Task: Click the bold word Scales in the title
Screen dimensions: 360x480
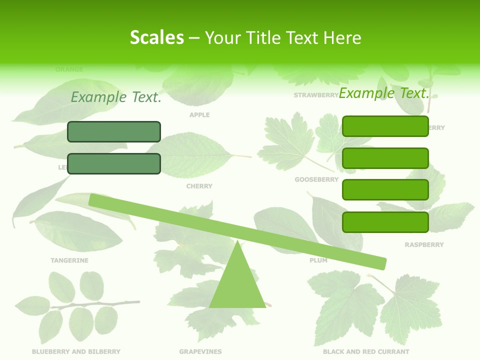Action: point(156,38)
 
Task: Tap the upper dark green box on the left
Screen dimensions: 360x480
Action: point(114,131)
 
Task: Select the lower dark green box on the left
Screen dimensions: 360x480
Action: point(114,163)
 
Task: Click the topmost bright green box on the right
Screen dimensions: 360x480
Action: point(385,126)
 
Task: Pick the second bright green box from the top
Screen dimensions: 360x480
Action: point(385,158)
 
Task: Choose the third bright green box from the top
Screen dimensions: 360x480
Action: point(385,190)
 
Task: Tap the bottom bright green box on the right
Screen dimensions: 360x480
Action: point(385,222)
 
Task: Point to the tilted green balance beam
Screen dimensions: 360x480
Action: point(237,231)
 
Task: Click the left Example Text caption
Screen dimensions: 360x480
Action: point(116,97)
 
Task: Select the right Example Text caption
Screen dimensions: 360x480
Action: point(384,93)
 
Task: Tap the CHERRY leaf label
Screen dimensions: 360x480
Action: point(199,186)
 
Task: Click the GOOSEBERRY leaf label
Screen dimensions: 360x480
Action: point(316,179)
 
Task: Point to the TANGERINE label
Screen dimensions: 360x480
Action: point(69,260)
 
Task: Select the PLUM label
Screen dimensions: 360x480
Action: point(318,260)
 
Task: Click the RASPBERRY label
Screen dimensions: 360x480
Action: point(424,245)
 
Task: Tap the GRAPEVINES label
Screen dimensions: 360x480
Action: point(200,352)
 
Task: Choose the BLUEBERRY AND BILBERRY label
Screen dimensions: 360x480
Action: point(76,352)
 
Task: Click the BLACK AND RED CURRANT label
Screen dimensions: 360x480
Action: point(366,352)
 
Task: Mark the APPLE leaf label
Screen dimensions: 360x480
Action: point(199,115)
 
